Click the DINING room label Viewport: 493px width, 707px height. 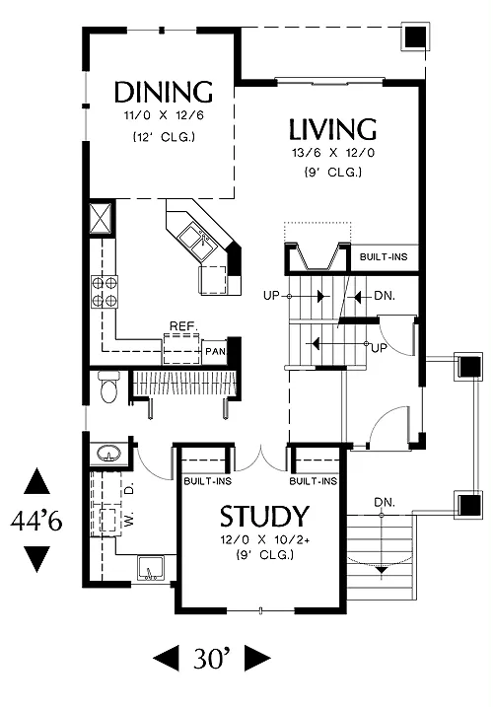(164, 92)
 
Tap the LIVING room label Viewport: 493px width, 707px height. (332, 129)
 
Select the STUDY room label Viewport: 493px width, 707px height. (264, 517)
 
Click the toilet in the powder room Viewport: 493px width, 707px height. (108, 387)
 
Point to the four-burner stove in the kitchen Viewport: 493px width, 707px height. (105, 292)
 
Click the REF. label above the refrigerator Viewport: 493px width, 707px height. (183, 326)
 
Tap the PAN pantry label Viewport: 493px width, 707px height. (215, 351)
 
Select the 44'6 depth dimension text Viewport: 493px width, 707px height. (36, 522)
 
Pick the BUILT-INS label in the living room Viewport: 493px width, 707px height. (384, 257)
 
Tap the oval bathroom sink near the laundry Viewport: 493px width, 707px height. (108, 453)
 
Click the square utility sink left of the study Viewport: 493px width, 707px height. (151, 569)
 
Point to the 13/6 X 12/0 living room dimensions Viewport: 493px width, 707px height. (333, 153)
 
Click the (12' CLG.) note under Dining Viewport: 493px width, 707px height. (164, 137)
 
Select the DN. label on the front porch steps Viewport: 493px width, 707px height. (384, 502)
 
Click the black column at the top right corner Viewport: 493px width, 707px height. (415, 36)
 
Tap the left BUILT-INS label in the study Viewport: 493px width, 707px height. (207, 481)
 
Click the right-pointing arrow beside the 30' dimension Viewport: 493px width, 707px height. (257, 659)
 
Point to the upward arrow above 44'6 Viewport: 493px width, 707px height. (36, 481)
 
